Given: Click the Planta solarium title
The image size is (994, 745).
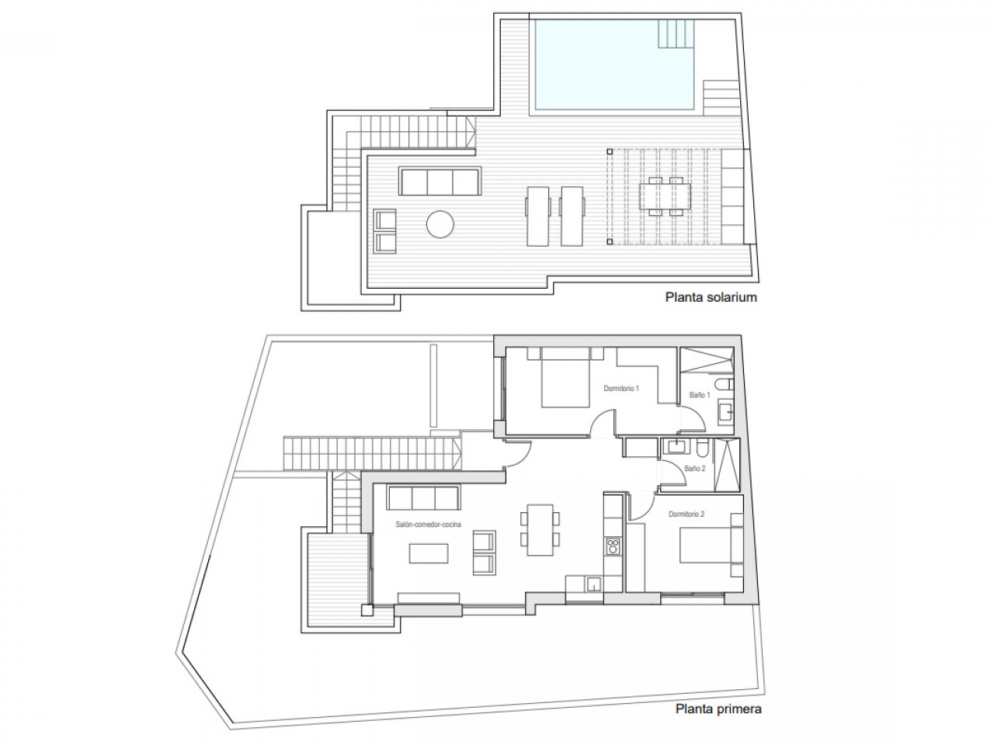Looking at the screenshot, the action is [x=711, y=297].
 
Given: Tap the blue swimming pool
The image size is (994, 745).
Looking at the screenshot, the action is [x=614, y=64].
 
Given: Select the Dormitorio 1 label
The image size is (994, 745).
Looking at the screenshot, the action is [x=620, y=388].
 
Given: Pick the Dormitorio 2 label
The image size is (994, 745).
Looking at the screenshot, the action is [x=686, y=514].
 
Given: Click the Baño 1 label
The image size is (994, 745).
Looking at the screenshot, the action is [x=700, y=395].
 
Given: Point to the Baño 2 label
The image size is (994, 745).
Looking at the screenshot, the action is [x=695, y=468].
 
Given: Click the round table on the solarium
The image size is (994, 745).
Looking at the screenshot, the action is [x=440, y=224].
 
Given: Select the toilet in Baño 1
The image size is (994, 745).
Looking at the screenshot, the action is [x=724, y=384].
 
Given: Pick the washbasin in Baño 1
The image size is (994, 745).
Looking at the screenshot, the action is [x=725, y=412].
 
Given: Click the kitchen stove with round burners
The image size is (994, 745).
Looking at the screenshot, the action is [x=613, y=546].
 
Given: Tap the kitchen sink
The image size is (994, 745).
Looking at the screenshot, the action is [x=594, y=584].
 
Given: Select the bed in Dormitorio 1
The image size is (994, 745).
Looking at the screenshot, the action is [x=565, y=377].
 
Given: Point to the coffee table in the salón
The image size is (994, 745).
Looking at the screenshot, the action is [x=429, y=553].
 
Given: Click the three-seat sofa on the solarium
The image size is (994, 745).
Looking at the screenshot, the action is [x=440, y=182].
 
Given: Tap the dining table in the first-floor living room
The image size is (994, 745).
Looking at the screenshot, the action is [x=540, y=530].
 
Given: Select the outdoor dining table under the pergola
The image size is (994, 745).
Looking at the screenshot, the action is [x=665, y=196].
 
